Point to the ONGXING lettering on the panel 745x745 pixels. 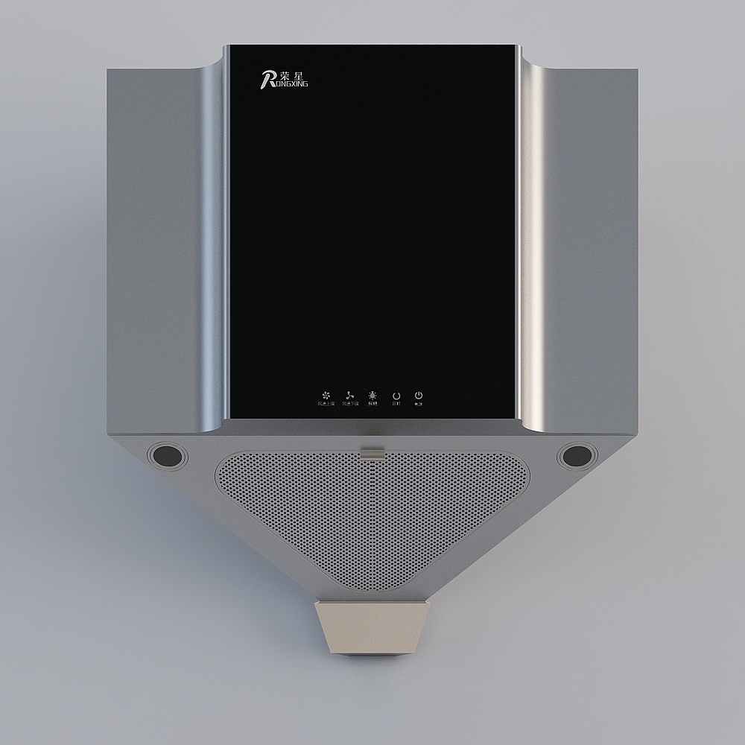pos(291,84)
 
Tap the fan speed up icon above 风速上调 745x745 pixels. pos(326,395)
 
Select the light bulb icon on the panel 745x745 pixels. pos(372,395)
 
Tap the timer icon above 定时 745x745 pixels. pos(396,395)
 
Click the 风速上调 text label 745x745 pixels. pos(326,404)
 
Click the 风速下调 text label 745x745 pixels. pos(350,404)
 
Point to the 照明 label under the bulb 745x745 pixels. pos(372,404)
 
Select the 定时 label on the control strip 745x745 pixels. pos(396,404)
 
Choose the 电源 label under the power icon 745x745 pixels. pos(419,404)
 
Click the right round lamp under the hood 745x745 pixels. pos(577,455)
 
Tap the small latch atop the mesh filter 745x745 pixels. pos(372,451)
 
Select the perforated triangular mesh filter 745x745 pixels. pos(371,514)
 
